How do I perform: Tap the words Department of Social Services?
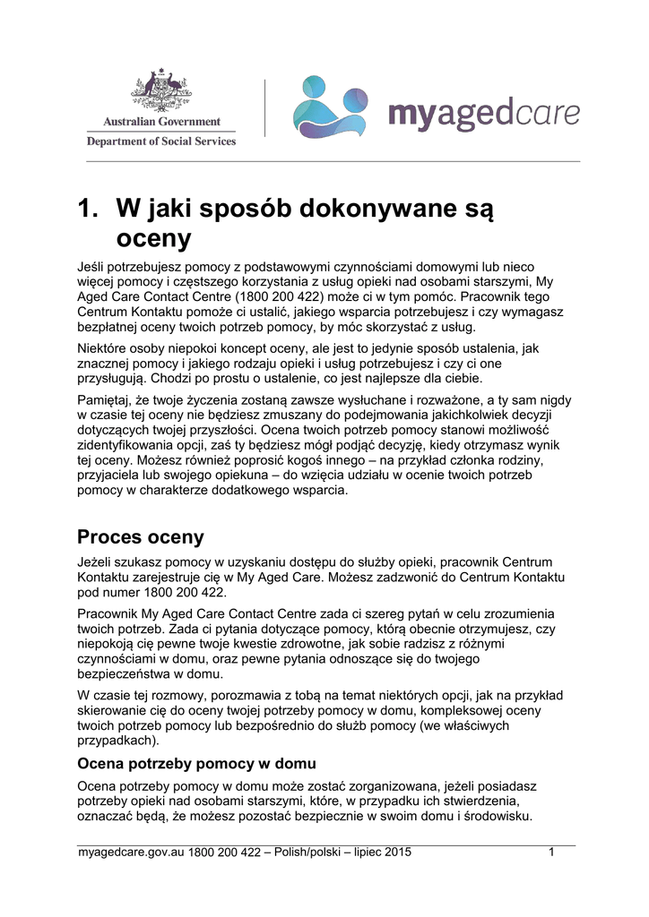coord(161,141)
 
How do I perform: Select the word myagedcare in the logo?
coord(483,115)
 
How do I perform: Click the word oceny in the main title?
coord(154,238)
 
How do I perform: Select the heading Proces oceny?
coord(141,537)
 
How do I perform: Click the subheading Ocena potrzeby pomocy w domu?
coord(197,764)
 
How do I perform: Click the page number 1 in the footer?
coord(552,852)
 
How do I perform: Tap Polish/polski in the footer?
coord(315,852)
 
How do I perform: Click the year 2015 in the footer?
coord(397,852)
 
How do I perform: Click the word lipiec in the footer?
coord(364,852)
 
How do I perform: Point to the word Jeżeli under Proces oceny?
coord(97,561)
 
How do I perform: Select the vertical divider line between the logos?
coord(264,107)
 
